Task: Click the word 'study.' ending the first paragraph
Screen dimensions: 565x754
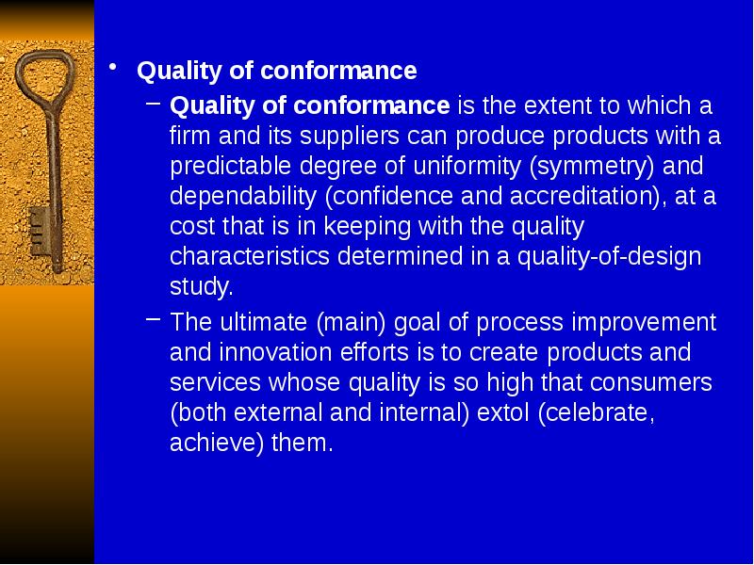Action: coord(201,286)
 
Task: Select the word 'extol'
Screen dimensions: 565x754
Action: coord(503,413)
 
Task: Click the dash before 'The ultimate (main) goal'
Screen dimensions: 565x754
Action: coord(154,320)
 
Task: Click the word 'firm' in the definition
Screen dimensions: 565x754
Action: coord(189,136)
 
